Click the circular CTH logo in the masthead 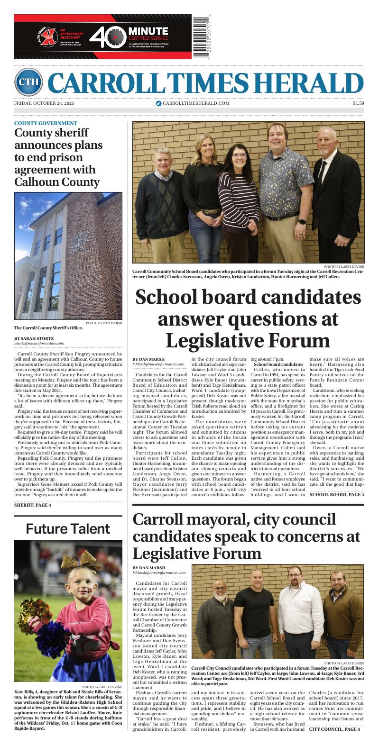point(28,82)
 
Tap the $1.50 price point(358,103)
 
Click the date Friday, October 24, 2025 point(44,103)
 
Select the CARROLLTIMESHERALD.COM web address point(193,103)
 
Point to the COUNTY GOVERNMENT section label point(46,123)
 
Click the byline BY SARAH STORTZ point(34,338)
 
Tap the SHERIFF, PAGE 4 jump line point(33,505)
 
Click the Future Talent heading point(68,528)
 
